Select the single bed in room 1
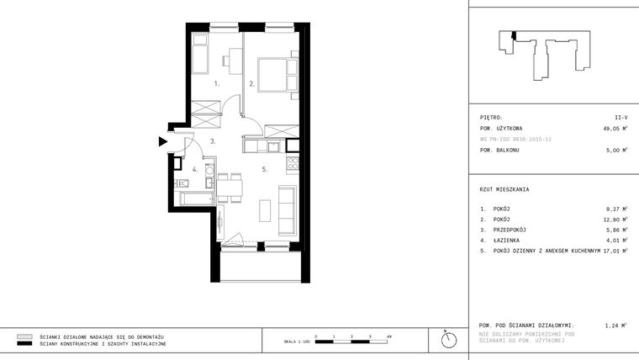pyautogui.click(x=201, y=56)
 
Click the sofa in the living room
pyautogui.click(x=287, y=210)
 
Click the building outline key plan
pyautogui.click(x=546, y=54)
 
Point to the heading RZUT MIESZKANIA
pyautogui.click(x=504, y=189)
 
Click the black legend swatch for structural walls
pyautogui.click(x=24, y=344)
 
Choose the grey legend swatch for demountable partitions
pyautogui.click(x=24, y=336)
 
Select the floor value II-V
pyautogui.click(x=621, y=119)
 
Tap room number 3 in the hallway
pyautogui.click(x=214, y=141)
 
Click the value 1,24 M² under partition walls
pyautogui.click(x=617, y=325)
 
